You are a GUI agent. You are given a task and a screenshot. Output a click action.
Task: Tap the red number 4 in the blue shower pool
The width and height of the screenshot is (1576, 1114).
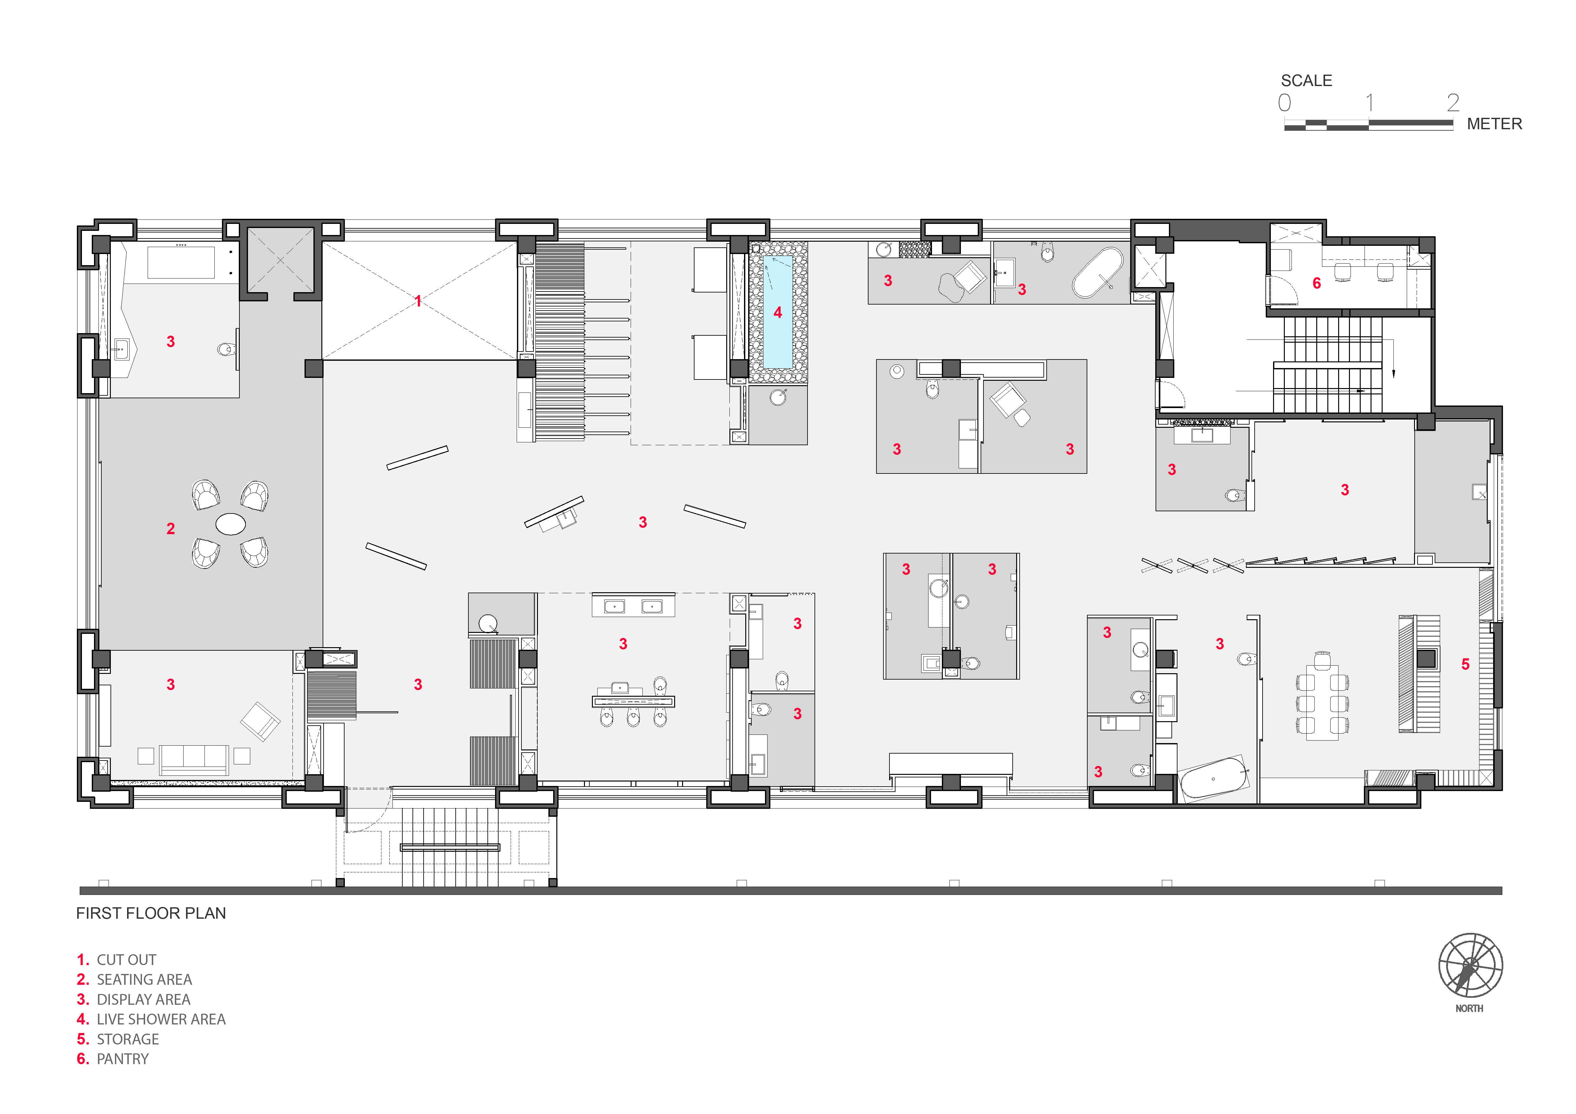pyautogui.click(x=778, y=312)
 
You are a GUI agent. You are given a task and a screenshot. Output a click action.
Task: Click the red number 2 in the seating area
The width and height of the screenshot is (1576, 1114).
pyautogui.click(x=171, y=528)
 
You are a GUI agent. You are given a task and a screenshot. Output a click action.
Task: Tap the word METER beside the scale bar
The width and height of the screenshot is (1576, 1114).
pyautogui.click(x=1494, y=124)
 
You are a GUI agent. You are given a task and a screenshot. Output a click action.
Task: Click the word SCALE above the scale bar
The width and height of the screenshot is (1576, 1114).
pyautogui.click(x=1306, y=81)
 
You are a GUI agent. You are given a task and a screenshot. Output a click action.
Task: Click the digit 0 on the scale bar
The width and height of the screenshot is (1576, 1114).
pyautogui.click(x=1284, y=103)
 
